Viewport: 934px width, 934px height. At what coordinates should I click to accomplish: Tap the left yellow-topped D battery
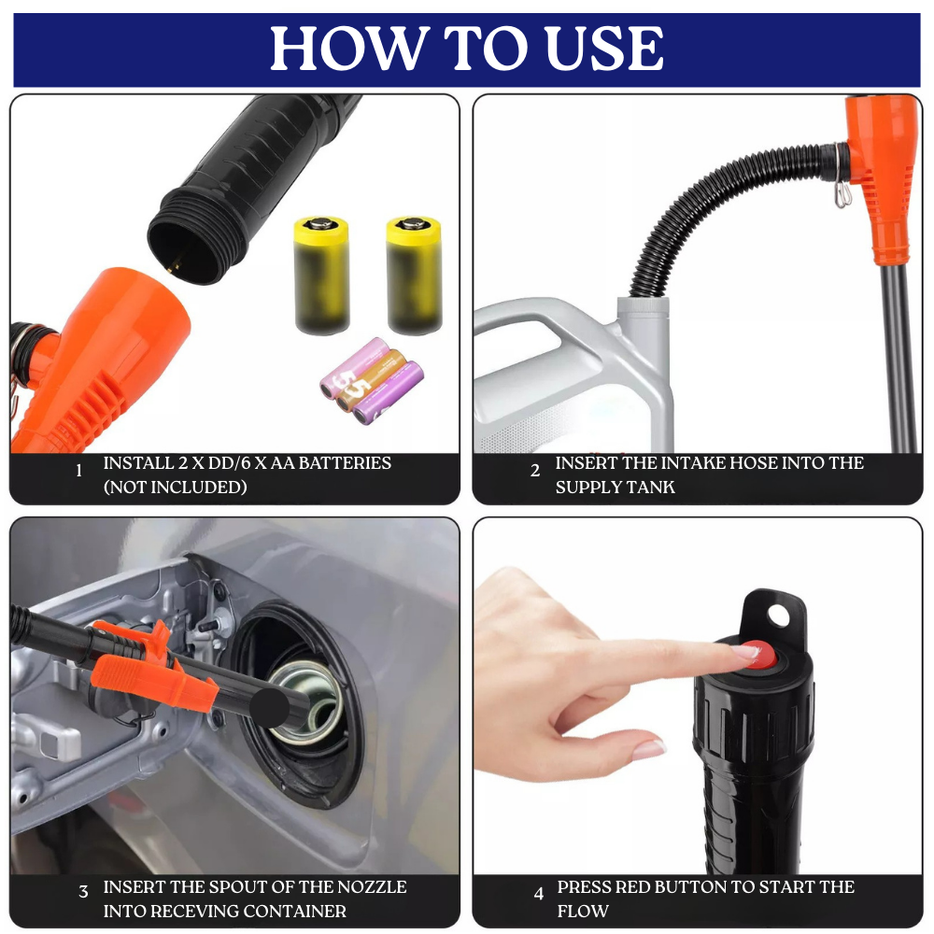(x=321, y=276)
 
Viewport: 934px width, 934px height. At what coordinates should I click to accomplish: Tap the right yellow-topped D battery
(x=415, y=275)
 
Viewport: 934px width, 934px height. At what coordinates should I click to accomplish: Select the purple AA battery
(x=388, y=392)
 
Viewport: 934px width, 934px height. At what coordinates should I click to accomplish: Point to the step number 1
(x=78, y=471)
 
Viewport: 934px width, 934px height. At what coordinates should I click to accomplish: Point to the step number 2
(x=535, y=471)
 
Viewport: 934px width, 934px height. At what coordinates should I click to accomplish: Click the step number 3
(x=83, y=892)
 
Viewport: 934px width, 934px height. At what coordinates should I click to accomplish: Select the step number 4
(x=539, y=894)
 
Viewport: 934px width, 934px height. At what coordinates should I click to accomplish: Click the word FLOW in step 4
(x=583, y=912)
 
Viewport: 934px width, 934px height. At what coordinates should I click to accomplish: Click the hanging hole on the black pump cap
(x=778, y=616)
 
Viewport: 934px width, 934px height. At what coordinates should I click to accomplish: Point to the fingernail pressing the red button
(x=744, y=651)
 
